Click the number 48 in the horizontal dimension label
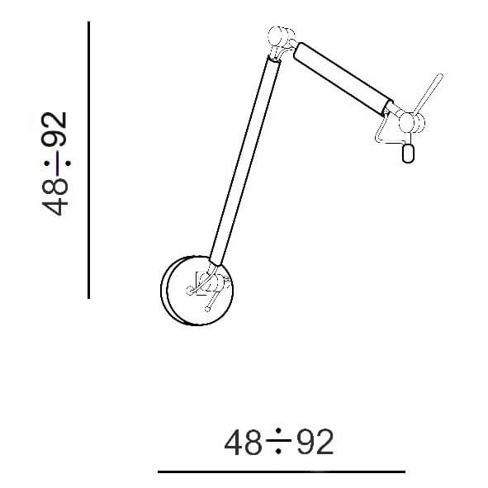[x=243, y=442]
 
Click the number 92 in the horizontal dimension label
[x=315, y=442]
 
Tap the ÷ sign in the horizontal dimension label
[x=279, y=440]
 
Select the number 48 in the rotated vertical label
[x=54, y=197]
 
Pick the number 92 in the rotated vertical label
[x=54, y=129]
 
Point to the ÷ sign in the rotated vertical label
[x=57, y=163]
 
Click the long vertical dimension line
[x=89, y=160]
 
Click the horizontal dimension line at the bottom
[x=282, y=471]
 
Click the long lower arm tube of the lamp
[x=245, y=160]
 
